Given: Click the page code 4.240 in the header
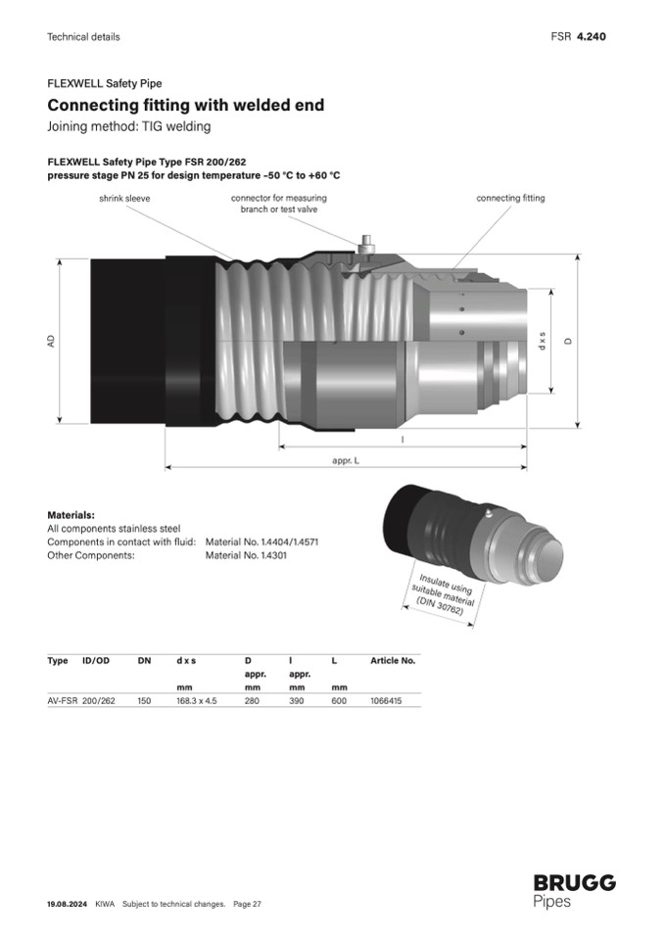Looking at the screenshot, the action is [x=591, y=36].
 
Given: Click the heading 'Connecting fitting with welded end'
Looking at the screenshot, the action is [x=186, y=105].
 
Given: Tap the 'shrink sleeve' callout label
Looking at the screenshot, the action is [x=124, y=198].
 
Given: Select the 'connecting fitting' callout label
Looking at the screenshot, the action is [x=510, y=198].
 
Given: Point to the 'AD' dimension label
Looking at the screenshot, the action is [x=52, y=341].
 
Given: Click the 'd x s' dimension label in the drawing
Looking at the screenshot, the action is [x=542, y=342].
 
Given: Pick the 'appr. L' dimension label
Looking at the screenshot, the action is [x=346, y=460].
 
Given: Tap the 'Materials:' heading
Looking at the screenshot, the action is [x=71, y=515].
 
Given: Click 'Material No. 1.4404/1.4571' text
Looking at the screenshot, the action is [x=261, y=542].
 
